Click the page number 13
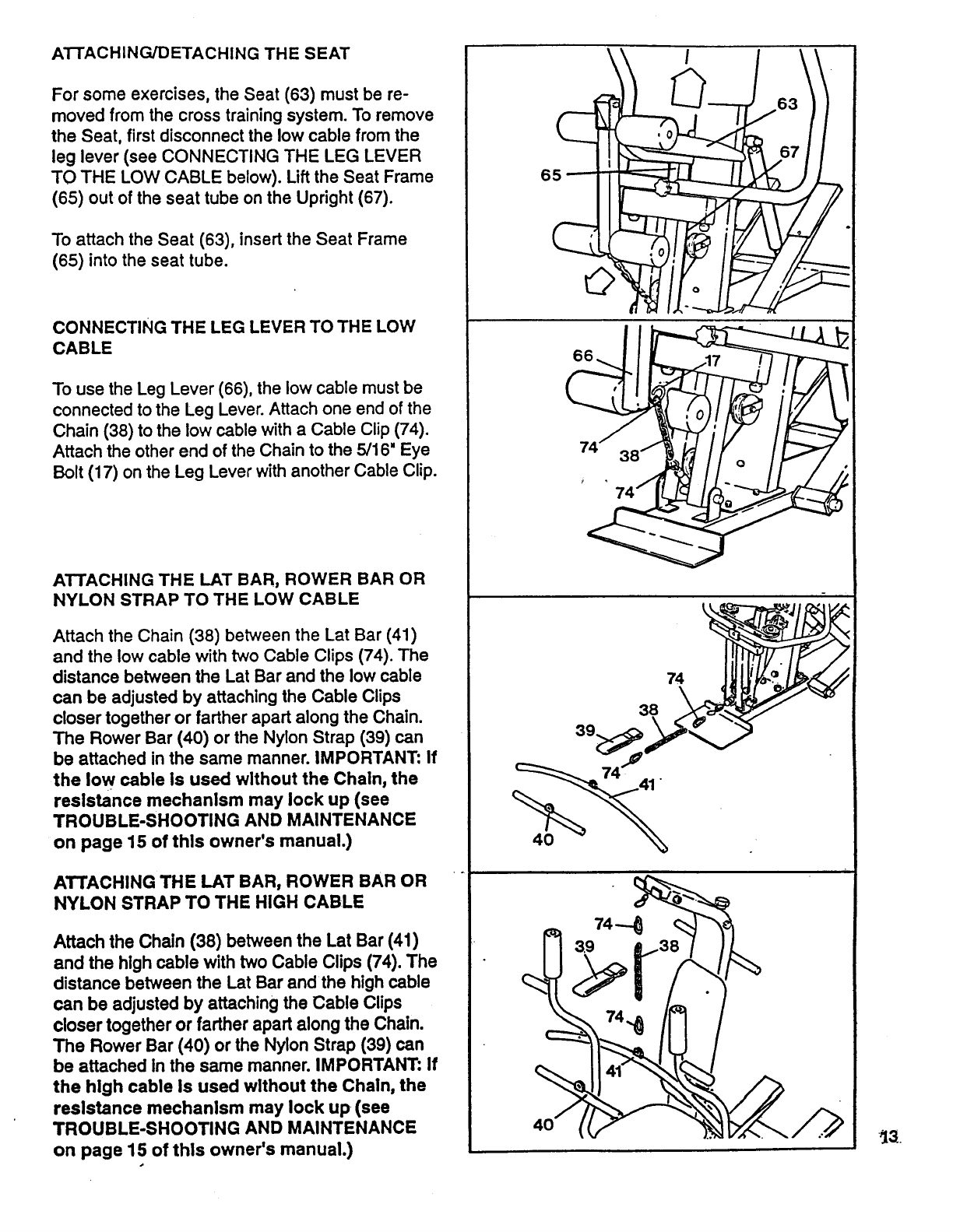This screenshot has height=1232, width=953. click(889, 1139)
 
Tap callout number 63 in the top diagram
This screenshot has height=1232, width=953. click(787, 104)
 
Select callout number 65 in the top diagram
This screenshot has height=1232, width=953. click(550, 175)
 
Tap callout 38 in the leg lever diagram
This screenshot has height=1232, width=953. click(629, 457)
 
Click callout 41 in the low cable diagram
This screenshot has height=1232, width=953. click(645, 785)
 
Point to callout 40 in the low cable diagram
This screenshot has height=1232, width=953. click(543, 840)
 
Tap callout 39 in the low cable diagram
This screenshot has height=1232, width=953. click(586, 731)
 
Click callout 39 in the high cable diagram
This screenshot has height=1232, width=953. click(584, 946)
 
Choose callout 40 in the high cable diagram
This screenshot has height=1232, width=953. click(543, 1124)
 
